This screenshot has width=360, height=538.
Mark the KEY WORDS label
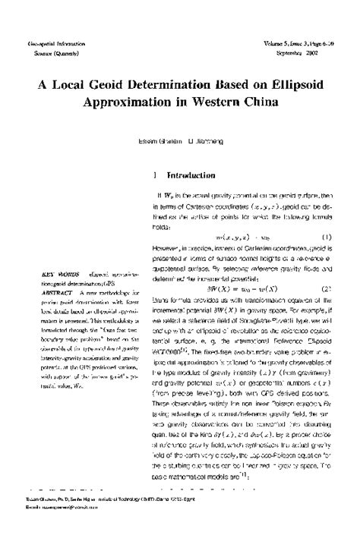tap(58, 271)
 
